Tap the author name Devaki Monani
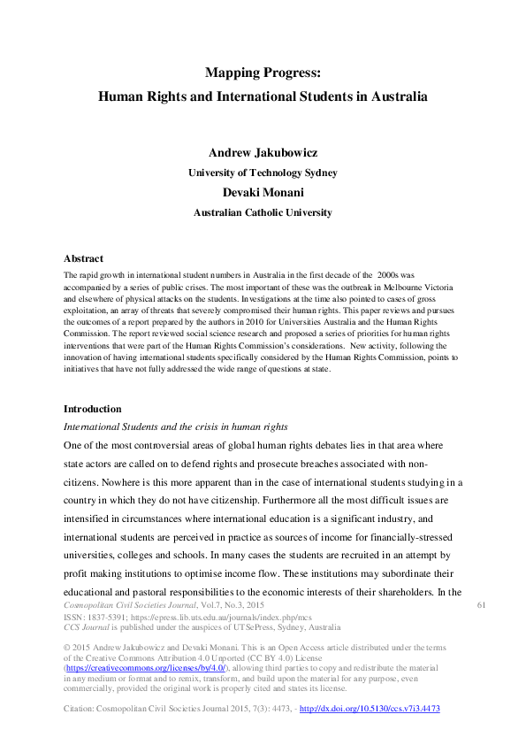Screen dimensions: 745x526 [263, 192]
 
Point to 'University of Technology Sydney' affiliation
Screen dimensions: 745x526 [263, 173]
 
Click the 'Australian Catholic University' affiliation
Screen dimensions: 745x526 [263, 212]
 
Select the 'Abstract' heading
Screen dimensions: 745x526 [84, 259]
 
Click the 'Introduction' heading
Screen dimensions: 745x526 [93, 409]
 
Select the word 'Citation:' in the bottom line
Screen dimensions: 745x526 [81, 710]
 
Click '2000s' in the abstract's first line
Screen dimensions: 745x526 [389, 276]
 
